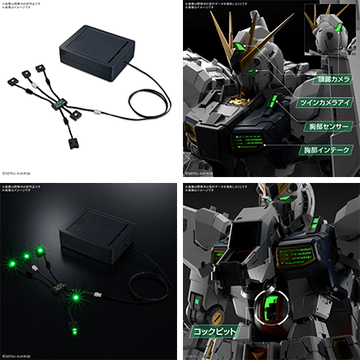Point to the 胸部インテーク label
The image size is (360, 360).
[321, 151]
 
